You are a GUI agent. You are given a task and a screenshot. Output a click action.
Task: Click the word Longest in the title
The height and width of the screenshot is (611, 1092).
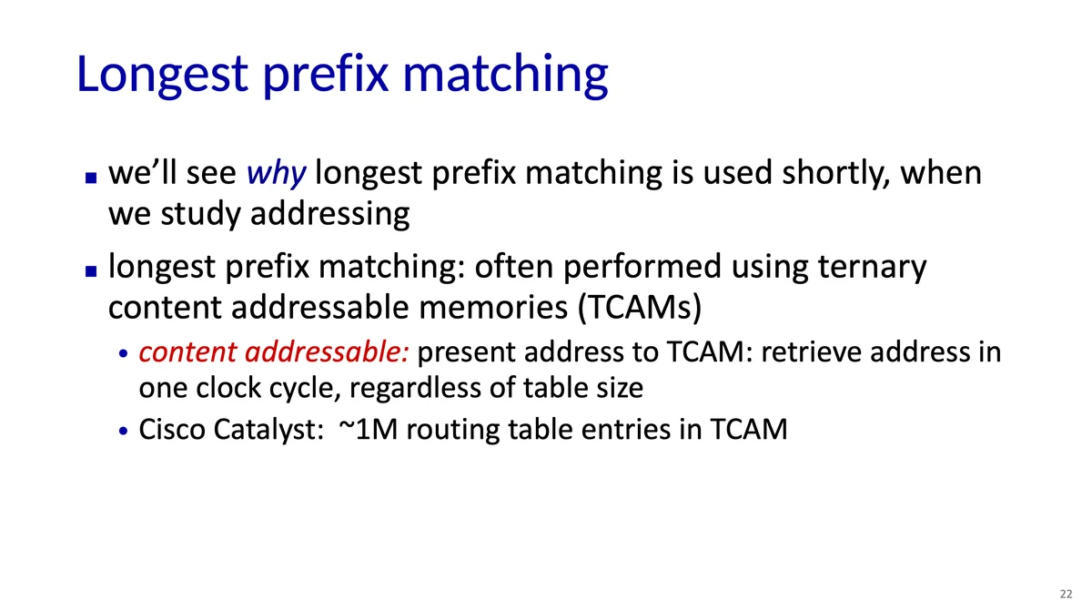(162, 75)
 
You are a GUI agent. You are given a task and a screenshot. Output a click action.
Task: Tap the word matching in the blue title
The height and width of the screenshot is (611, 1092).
(506, 75)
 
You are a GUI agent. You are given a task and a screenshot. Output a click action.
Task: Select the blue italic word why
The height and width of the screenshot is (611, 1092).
(277, 174)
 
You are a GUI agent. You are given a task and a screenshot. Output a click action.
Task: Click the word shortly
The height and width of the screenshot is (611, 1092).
(836, 174)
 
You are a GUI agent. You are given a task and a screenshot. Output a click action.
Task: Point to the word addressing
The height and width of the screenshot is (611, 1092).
(330, 215)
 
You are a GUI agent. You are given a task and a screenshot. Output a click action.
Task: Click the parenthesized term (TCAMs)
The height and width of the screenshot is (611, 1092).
(640, 308)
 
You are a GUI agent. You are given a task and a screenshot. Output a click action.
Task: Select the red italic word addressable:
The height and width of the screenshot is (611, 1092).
(327, 351)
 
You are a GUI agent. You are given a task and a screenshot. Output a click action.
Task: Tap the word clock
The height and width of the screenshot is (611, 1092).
(228, 388)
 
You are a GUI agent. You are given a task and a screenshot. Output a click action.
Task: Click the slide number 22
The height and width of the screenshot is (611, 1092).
(1067, 594)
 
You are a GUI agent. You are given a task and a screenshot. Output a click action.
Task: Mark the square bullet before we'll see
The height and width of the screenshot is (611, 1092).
(91, 177)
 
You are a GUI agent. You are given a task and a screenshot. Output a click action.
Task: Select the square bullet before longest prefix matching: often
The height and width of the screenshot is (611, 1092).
(91, 270)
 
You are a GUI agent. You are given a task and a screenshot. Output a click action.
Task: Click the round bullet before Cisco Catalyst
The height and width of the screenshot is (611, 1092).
(123, 431)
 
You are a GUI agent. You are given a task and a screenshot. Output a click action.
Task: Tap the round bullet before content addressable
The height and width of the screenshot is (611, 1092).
(123, 353)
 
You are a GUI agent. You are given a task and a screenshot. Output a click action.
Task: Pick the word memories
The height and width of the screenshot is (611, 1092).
(493, 308)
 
